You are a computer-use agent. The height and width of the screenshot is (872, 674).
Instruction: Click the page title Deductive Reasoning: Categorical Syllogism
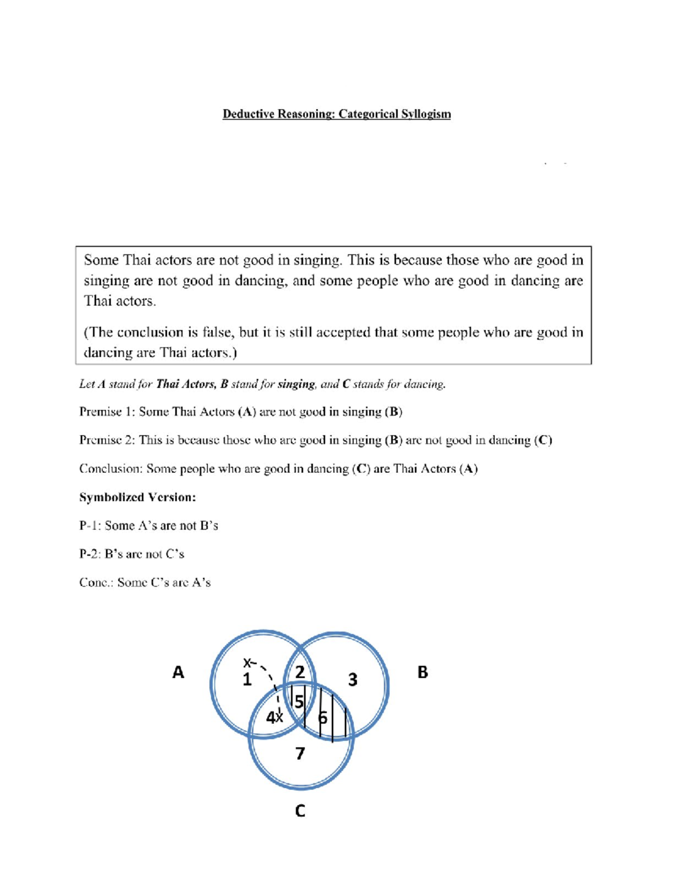click(x=336, y=114)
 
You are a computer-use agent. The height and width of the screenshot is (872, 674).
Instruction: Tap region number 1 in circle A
click(x=247, y=680)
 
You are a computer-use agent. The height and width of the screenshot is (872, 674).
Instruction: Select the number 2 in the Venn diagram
click(x=300, y=672)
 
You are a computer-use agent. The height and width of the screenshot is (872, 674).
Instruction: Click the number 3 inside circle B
click(x=352, y=680)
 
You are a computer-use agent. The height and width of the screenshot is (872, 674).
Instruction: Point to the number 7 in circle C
click(x=300, y=753)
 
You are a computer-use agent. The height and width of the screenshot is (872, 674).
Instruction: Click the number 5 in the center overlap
click(x=299, y=702)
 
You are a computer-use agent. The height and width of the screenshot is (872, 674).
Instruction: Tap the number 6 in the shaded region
click(x=322, y=718)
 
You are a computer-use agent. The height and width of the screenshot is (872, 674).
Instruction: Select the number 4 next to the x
click(x=270, y=718)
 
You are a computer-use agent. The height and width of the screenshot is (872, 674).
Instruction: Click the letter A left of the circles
click(x=178, y=672)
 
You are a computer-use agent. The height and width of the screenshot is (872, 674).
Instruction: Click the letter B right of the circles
click(x=422, y=672)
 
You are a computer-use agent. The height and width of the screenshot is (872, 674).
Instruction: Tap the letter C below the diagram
click(x=300, y=811)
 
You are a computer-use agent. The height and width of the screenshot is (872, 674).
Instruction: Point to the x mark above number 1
click(x=246, y=663)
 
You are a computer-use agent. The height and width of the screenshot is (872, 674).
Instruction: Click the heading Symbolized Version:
click(x=137, y=497)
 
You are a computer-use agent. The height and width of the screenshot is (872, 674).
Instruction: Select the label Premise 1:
click(x=107, y=412)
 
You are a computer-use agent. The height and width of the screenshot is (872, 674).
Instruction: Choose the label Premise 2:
click(x=107, y=440)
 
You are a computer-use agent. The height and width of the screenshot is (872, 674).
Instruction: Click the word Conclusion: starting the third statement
click(x=111, y=469)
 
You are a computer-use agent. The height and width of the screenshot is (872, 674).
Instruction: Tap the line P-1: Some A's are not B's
click(x=148, y=526)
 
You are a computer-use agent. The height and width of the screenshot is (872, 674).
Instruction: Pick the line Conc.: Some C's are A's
click(x=144, y=583)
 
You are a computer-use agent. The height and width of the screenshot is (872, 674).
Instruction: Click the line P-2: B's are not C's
click(x=131, y=554)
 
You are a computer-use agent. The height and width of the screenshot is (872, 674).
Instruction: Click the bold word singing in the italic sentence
click(x=296, y=385)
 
